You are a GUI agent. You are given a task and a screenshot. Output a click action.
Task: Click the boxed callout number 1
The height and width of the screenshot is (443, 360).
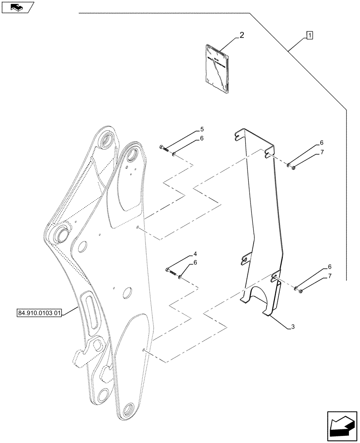(x=309, y=35)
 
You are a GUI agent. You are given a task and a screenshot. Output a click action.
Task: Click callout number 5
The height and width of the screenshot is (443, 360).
(x=202, y=129)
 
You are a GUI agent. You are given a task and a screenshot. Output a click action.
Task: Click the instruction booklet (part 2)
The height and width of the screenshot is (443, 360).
(x=218, y=68)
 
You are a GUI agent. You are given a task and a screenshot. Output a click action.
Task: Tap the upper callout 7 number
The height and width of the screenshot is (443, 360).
(x=322, y=152)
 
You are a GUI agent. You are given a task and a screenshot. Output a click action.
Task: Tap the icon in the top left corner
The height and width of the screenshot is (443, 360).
(x=17, y=7)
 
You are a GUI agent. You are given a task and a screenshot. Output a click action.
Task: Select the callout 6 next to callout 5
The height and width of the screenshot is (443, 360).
(x=202, y=139)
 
